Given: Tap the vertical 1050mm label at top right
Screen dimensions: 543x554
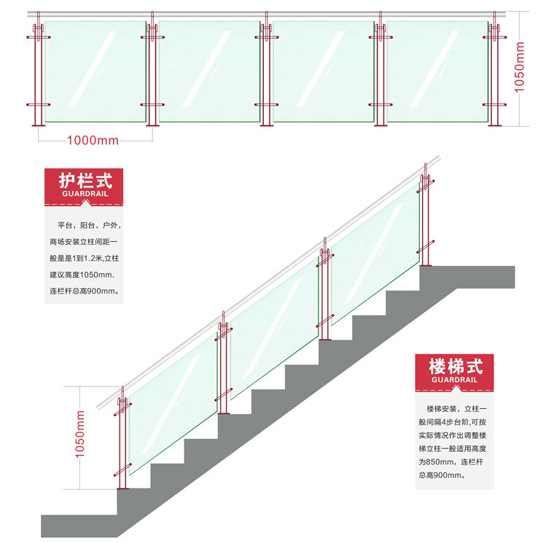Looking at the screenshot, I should tap(519, 66).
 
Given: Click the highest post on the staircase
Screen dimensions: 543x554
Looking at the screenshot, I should tap(424, 219).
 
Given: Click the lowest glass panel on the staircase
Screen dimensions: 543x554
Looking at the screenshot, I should tap(171, 412).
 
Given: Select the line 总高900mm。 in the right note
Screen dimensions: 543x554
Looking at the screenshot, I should tap(441, 475).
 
